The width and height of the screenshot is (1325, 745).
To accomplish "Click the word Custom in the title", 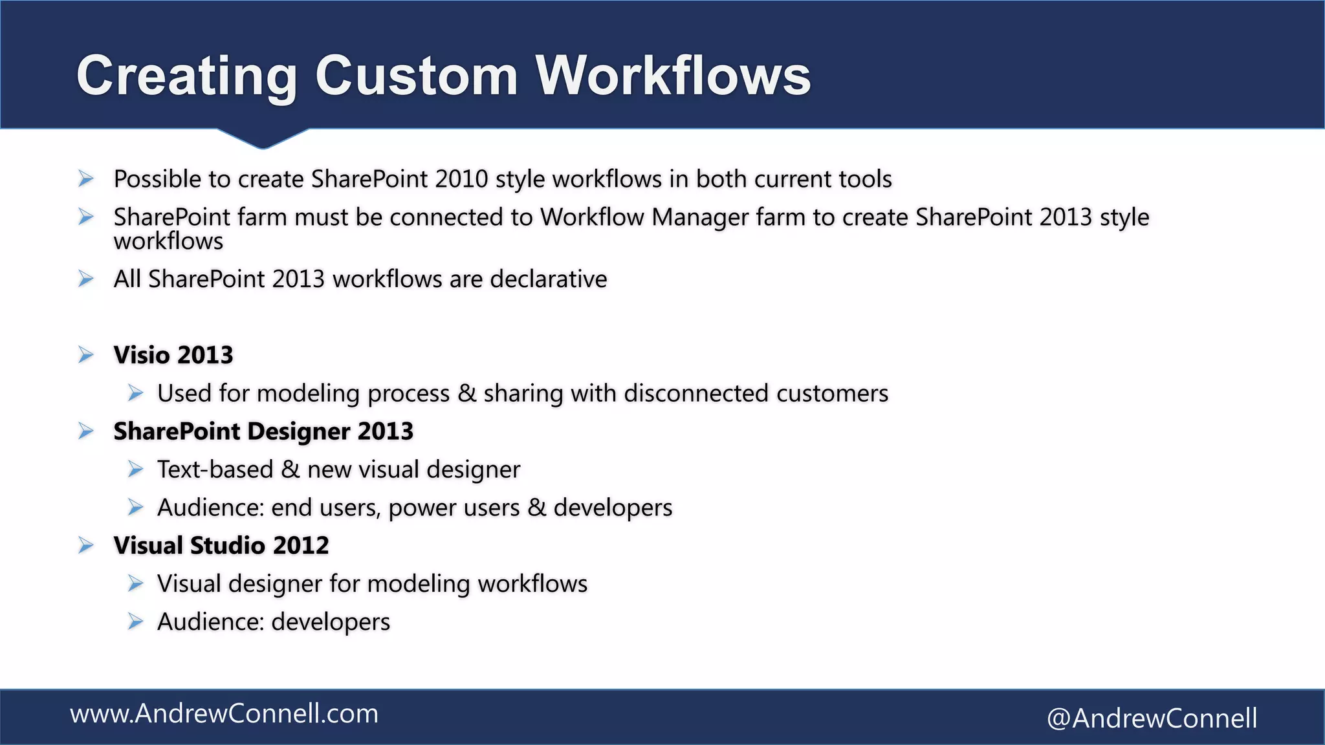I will pos(416,76).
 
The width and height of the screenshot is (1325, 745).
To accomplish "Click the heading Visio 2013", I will pos(173,355).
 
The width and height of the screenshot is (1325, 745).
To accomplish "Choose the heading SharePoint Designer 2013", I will pos(263,431).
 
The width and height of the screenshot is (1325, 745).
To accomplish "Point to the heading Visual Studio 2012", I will pos(221,546).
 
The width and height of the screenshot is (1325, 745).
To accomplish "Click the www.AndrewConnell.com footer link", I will pos(224,714).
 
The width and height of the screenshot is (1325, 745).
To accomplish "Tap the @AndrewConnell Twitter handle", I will pos(1152,718).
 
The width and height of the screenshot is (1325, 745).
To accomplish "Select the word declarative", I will pos(549,279).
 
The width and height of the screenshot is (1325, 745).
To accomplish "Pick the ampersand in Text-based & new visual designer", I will pos(290,470).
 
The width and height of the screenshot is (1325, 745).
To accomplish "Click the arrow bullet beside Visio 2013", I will pos(86,355).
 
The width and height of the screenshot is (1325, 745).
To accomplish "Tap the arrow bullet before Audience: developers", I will pos(135,622).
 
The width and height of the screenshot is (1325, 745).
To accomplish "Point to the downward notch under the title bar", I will pos(263,139).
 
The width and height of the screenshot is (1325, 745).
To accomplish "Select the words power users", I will pos(454,508).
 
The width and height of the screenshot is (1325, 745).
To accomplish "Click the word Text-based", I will pos(215,470).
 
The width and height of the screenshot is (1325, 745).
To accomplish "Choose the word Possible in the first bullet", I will pos(157,179).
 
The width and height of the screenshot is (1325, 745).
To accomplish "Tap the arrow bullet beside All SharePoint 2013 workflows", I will pos(86,279).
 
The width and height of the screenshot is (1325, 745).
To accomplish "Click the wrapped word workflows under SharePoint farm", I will pos(168,242).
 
